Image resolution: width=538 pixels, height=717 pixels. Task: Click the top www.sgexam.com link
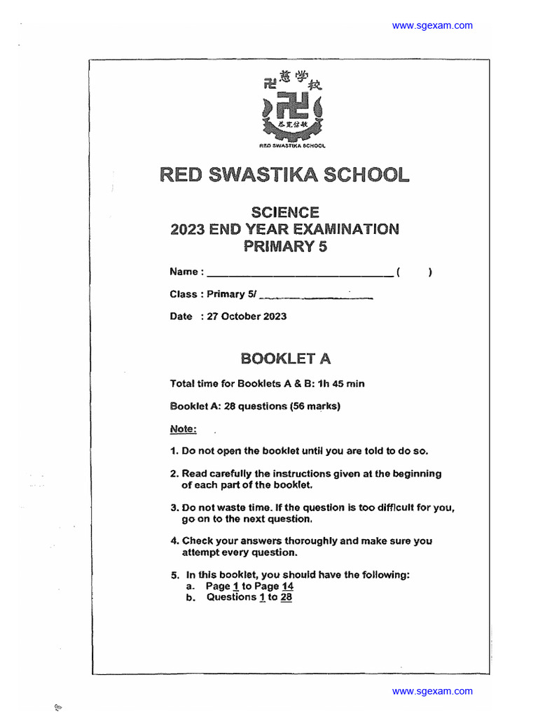(432, 26)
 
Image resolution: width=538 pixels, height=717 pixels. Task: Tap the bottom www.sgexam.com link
(432, 691)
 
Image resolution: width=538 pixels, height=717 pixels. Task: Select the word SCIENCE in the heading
(284, 212)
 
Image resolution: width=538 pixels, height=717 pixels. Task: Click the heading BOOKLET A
(285, 358)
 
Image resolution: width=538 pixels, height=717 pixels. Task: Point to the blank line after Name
(299, 273)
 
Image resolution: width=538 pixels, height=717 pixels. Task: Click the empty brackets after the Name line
(414, 272)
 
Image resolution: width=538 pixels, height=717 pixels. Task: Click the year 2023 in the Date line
(275, 316)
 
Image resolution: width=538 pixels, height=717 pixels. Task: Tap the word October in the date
(240, 316)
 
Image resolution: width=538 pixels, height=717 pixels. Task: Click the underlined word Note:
(184, 429)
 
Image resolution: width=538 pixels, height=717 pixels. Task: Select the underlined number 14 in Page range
(287, 586)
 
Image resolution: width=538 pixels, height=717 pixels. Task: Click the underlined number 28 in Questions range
(286, 597)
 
